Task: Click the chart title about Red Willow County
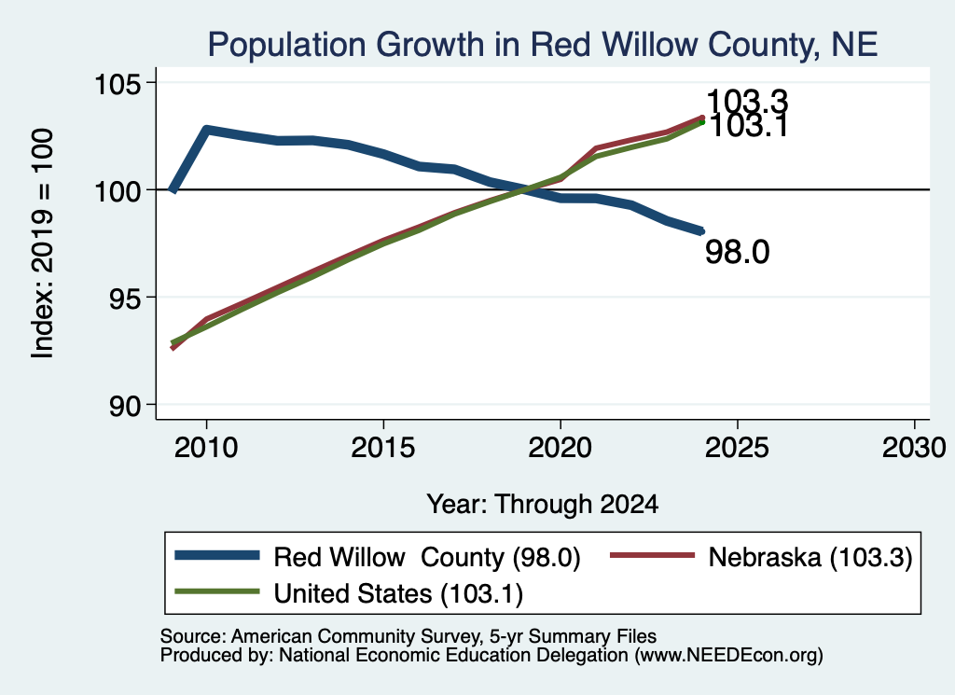coord(542,45)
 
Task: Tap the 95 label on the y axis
coord(125,298)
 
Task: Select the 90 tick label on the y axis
coord(125,406)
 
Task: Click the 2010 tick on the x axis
coord(206,449)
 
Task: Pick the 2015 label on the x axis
coord(383,449)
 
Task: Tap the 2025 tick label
coord(737,449)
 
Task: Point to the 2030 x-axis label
coord(914,449)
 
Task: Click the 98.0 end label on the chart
coord(738,252)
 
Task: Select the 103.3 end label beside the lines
coord(747,101)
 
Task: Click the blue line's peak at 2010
coord(206,130)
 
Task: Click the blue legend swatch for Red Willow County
coord(216,555)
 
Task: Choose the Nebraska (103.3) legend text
coord(810,557)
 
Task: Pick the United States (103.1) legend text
coord(398,594)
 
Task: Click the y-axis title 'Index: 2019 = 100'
coord(43,243)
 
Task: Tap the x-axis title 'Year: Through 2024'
coord(542,505)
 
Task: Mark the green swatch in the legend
coord(216,591)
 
